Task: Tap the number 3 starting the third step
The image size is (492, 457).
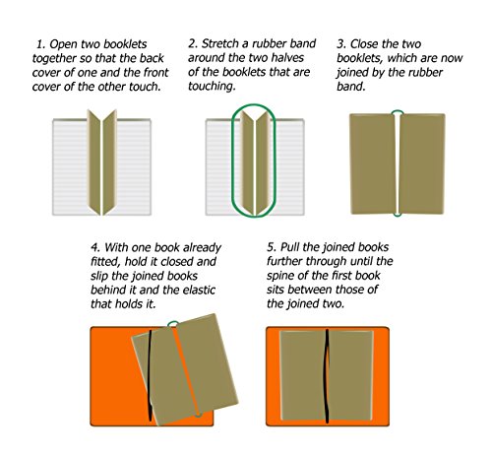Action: click(x=341, y=45)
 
